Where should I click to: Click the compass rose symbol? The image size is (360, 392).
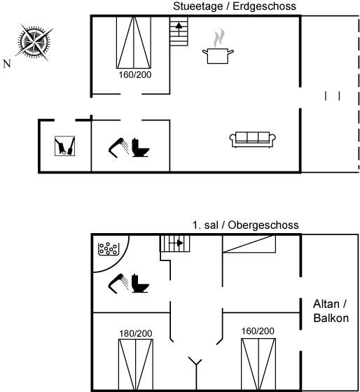[34, 43]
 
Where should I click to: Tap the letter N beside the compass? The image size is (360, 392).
[7, 64]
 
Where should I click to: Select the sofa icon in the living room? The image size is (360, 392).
[253, 139]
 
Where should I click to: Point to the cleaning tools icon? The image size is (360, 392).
[65, 146]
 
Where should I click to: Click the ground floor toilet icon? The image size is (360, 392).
[141, 148]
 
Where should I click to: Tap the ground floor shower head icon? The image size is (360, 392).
[118, 148]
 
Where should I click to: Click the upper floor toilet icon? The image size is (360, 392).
[140, 283]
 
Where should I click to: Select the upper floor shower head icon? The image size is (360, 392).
[118, 283]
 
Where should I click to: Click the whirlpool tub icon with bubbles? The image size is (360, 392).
[109, 249]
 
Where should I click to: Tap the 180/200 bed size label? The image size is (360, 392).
[136, 333]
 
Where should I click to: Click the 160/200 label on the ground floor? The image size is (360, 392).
[135, 75]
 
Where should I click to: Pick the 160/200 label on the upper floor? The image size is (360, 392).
[258, 331]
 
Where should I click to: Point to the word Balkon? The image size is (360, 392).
[331, 318]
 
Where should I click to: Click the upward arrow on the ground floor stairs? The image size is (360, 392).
[179, 29]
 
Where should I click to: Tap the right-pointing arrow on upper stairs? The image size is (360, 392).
[176, 243]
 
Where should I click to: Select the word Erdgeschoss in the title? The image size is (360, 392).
[264, 6]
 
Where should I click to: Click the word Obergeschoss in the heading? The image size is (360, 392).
[263, 225]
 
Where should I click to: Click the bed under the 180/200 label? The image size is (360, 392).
[136, 364]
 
